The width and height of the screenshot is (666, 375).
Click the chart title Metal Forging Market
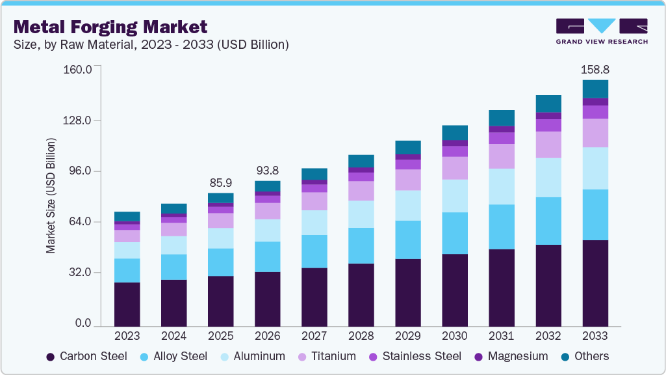coord(110,27)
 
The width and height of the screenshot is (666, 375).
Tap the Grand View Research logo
coord(601,31)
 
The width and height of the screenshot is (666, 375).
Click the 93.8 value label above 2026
coord(267,169)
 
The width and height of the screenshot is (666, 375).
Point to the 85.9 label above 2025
coord(220,182)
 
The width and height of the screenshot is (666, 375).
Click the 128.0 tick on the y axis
coord(77,120)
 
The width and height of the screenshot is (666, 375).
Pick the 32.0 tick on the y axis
coord(80,272)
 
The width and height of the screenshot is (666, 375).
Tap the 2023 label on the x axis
coord(127,336)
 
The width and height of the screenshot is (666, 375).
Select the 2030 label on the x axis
coord(454,336)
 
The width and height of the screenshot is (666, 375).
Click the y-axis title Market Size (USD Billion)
coord(51,195)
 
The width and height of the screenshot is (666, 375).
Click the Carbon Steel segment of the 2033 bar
coord(595,283)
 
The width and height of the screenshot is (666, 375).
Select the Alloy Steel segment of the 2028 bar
coord(361,245)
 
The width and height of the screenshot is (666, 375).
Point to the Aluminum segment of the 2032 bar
coord(548,177)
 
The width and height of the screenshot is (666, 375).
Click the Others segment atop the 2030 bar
coord(454,132)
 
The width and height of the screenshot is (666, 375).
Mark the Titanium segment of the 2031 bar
coord(501,156)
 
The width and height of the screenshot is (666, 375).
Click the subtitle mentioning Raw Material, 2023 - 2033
coord(151,45)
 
